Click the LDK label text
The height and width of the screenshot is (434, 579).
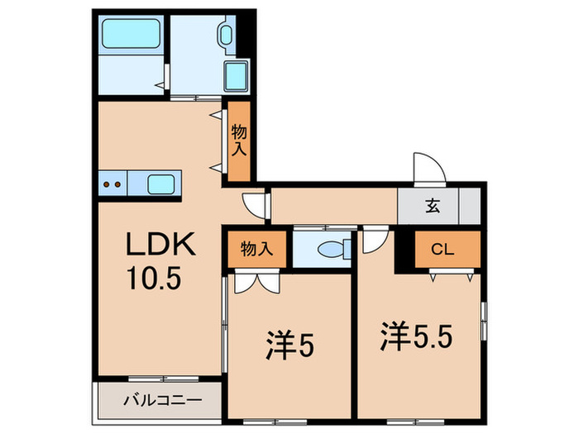point(160,245)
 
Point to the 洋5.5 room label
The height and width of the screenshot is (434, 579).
point(416,336)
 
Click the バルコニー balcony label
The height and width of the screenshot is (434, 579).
point(162,401)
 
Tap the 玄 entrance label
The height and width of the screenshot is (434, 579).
point(432,207)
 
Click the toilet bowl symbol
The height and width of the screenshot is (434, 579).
point(335,248)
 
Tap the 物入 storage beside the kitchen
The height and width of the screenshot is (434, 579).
point(239,141)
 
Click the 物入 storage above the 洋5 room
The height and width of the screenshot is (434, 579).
point(256,246)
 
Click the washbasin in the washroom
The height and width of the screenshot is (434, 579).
point(226,34)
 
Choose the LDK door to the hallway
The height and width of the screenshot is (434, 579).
point(255,203)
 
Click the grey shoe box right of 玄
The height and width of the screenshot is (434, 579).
point(469,205)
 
